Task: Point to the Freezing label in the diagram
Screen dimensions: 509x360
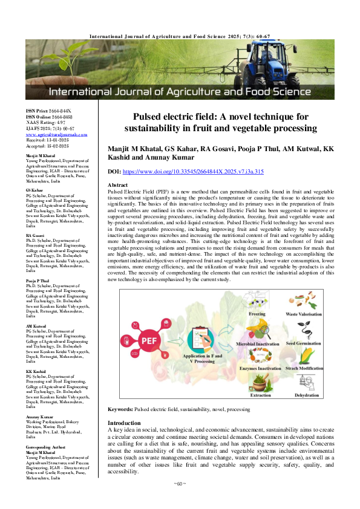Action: coord(257,314)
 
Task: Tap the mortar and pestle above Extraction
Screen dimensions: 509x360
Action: coord(260,383)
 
